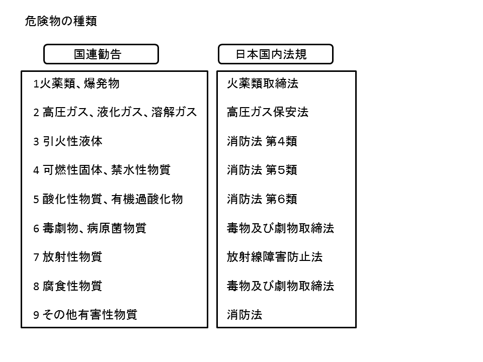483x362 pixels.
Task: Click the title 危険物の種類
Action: pyautogui.click(x=61, y=21)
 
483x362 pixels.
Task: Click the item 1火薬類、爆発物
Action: pyautogui.click(x=76, y=83)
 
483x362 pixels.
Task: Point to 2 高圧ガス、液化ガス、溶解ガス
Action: pyautogui.click(x=115, y=112)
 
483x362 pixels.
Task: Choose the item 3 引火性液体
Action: pyautogui.click(x=68, y=141)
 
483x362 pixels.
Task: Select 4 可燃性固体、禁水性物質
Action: pyautogui.click(x=102, y=170)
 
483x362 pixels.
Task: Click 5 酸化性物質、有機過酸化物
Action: pyautogui.click(x=108, y=199)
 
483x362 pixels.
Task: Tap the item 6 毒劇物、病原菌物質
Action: pyautogui.click(x=90, y=228)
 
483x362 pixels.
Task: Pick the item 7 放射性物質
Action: pyautogui.click(x=68, y=257)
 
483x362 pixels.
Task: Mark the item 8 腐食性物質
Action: pyautogui.click(x=68, y=286)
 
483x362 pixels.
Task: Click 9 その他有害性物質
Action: pyautogui.click(x=86, y=315)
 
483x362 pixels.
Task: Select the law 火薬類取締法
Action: pyautogui.click(x=263, y=83)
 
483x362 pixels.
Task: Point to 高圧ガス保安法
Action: pyautogui.click(x=268, y=112)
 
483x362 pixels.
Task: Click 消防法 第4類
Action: pyautogui.click(x=262, y=141)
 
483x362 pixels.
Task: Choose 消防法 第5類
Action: pyautogui.click(x=262, y=170)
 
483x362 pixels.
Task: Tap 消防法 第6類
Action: pyautogui.click(x=262, y=199)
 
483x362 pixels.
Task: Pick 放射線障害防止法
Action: pyautogui.click(x=275, y=257)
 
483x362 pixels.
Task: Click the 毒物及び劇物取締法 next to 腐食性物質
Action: pyautogui.click(x=281, y=286)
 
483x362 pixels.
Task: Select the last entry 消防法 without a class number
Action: pyautogui.click(x=245, y=315)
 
